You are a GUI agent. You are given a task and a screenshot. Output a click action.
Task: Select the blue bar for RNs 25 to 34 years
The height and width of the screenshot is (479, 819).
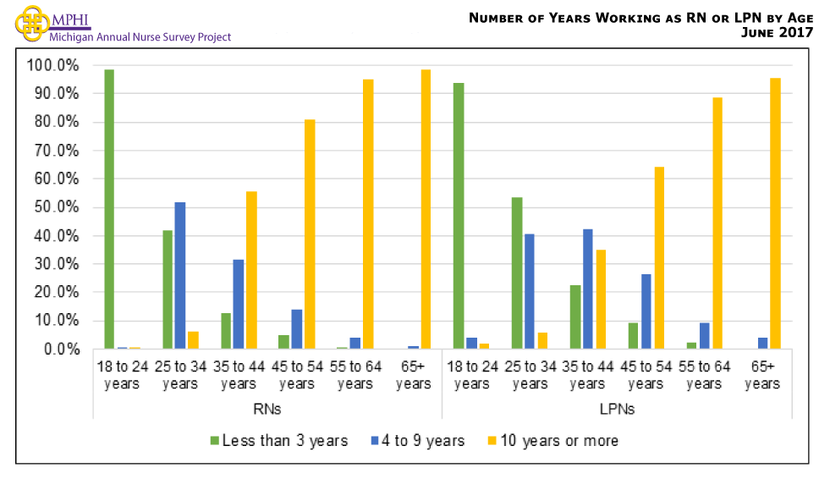tap(179, 275)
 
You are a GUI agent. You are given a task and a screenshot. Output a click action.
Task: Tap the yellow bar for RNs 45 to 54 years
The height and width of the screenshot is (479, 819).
tap(310, 234)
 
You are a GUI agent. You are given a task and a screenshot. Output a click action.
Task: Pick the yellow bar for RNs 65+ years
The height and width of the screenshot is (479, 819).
tap(426, 209)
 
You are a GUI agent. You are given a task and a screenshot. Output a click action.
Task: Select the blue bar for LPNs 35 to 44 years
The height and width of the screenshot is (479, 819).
tap(587, 289)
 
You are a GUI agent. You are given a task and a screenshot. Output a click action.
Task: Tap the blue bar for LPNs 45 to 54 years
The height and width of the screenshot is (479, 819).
tap(646, 311)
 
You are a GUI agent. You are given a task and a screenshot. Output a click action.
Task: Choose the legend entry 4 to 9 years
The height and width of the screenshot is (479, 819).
tap(417, 441)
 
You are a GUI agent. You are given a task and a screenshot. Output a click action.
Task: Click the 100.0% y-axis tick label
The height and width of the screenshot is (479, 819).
tap(52, 66)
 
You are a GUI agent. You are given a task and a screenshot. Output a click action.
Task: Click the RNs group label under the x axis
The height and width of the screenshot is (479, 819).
tap(267, 409)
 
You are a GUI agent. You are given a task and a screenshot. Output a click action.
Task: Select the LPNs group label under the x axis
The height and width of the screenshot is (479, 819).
tap(617, 409)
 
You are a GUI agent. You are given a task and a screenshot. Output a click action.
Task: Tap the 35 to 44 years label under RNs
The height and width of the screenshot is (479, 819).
tap(238, 376)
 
